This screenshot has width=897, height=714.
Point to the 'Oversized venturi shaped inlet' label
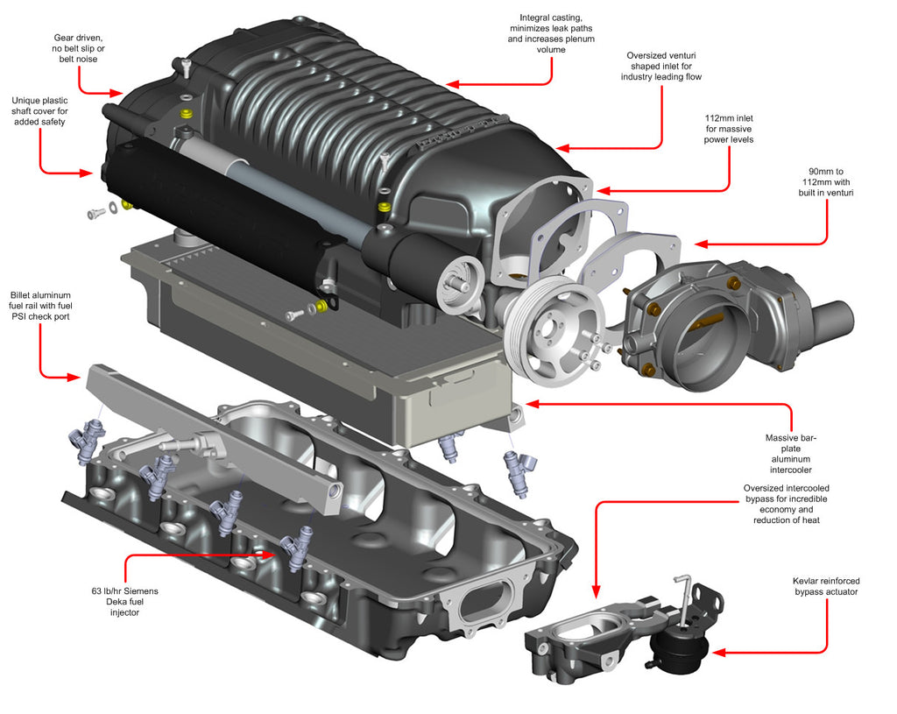(x=661, y=66)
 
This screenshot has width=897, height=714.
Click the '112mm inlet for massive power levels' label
(x=729, y=128)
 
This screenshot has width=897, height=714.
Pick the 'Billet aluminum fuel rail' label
(x=40, y=306)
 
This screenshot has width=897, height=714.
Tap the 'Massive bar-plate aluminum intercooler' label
(x=792, y=454)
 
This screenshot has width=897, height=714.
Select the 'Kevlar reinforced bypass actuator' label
(x=825, y=586)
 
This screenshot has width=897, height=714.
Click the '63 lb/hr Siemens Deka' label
(x=124, y=601)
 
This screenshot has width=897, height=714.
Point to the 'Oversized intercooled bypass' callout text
(x=786, y=504)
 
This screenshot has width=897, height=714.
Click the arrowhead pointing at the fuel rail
(x=77, y=378)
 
